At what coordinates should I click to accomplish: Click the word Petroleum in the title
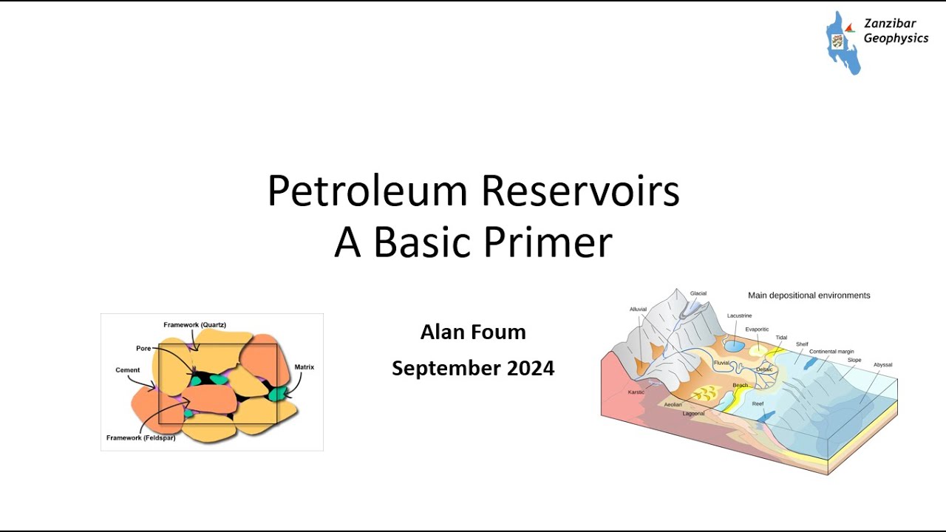(x=367, y=191)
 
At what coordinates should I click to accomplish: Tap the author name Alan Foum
(x=473, y=332)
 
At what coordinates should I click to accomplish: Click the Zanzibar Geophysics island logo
(x=843, y=43)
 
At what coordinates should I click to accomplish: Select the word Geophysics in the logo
(x=896, y=38)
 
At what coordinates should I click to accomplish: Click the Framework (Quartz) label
(x=194, y=325)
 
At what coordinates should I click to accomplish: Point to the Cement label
(x=127, y=370)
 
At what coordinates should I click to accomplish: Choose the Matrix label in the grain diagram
(x=304, y=367)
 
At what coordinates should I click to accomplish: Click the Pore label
(x=143, y=348)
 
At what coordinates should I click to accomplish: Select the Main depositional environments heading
(x=809, y=296)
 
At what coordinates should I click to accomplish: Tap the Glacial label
(x=698, y=293)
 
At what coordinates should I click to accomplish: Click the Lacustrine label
(x=739, y=316)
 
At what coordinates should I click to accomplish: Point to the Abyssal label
(x=882, y=365)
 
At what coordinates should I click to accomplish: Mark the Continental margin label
(x=831, y=352)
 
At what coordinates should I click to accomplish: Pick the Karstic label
(x=636, y=392)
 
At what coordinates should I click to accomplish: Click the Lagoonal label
(x=693, y=414)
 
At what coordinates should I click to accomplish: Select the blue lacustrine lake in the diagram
(x=734, y=345)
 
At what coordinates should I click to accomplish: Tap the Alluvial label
(x=638, y=310)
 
